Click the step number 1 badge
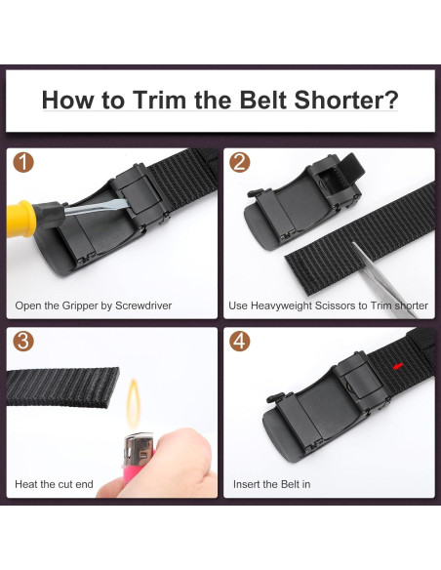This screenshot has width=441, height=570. pos(23,162)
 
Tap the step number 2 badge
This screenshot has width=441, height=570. pos(239,162)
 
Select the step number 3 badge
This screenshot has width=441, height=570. pos(23,341)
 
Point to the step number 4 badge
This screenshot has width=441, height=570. pos(239,341)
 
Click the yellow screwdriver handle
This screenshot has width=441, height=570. pos(21,219)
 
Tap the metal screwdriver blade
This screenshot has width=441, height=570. pos(97,207)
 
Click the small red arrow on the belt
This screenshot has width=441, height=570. pos(398,366)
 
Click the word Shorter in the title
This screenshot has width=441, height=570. pos(346,100)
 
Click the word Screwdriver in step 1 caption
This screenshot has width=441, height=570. pos(143,305)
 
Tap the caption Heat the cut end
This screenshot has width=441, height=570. pos(54,484)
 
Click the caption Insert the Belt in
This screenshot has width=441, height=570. pos(271,484)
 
